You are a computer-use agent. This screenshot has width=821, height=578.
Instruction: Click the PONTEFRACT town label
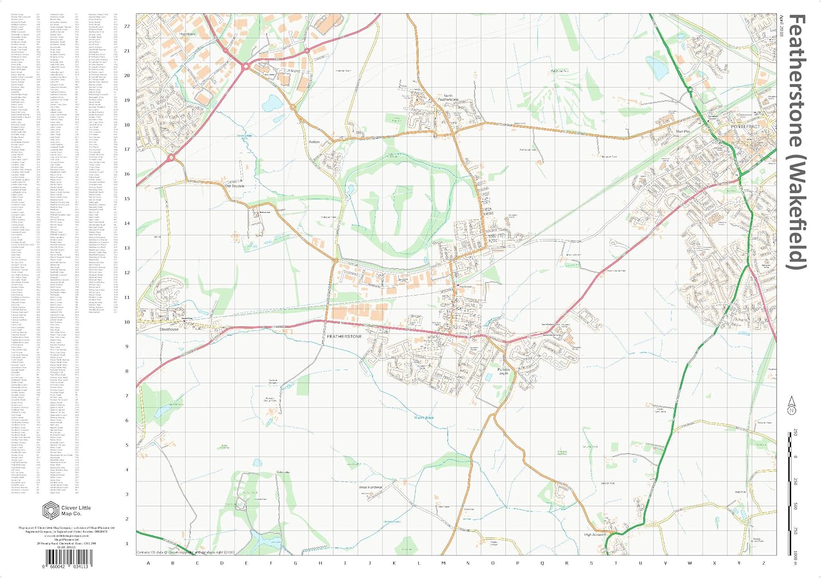coord(745,126)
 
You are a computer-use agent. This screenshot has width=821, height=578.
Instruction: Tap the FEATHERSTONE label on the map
coord(344,336)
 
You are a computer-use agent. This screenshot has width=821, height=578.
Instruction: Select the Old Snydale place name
coord(235,186)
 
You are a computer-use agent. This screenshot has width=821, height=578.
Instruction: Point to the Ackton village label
coord(314,142)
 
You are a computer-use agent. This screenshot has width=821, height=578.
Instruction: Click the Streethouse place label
coord(169,330)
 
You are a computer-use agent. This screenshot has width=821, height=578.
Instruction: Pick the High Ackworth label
coord(595,534)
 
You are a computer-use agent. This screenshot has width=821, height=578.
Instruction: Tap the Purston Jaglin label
coord(504,371)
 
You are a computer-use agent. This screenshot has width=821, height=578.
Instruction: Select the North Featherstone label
coord(448,97)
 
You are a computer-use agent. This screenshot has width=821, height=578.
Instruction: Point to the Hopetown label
coord(187,34)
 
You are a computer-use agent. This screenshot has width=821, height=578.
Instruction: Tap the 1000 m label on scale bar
coord(795,554)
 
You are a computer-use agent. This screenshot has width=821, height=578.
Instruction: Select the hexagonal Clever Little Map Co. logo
coord(50,510)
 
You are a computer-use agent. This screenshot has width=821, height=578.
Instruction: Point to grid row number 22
coord(127,26)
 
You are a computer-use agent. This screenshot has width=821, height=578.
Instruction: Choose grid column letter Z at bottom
coord(764,563)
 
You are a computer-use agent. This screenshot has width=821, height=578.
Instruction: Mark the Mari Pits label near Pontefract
coord(683,131)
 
